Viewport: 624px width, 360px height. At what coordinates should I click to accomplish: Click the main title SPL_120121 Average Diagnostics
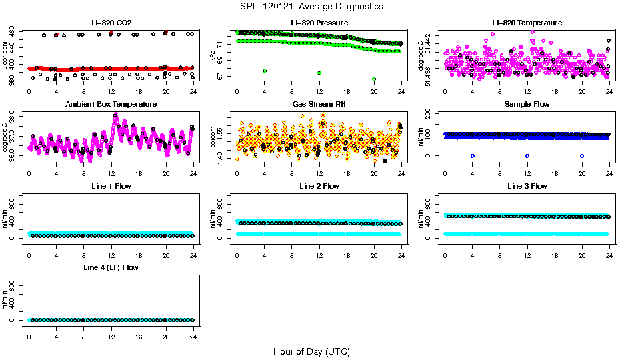(312, 6)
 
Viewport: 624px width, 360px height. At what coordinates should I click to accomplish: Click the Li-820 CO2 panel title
(111, 23)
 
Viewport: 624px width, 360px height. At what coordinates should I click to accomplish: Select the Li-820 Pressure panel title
(319, 23)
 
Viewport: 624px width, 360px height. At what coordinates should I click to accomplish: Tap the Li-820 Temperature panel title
(527, 23)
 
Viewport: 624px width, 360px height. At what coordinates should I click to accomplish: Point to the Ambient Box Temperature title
(111, 105)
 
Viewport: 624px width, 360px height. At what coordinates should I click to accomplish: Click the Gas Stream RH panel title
(319, 105)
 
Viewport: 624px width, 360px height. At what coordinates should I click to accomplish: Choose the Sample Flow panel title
(527, 105)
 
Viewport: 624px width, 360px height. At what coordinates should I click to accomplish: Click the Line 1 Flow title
(111, 186)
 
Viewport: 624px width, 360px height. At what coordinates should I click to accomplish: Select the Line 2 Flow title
(319, 186)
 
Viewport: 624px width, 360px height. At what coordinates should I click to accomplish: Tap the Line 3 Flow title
(527, 186)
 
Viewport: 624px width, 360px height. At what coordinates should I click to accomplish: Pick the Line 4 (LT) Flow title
(111, 268)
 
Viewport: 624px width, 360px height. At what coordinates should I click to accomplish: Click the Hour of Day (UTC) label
(311, 351)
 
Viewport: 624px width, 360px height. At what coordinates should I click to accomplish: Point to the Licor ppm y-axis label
(5, 57)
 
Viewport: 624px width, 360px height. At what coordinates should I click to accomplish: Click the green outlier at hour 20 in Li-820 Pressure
(374, 79)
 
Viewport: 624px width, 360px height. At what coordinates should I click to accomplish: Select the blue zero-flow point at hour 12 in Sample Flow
(527, 155)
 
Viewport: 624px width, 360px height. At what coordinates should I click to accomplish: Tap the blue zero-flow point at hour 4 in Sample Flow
(472, 155)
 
